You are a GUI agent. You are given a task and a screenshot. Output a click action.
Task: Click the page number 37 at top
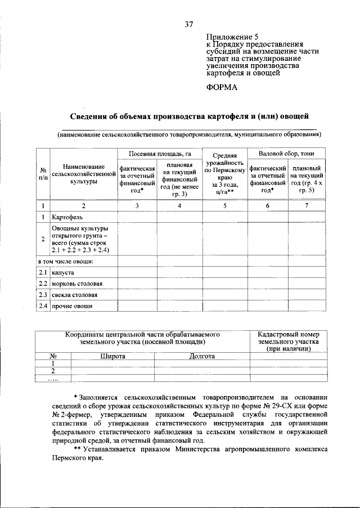(189, 24)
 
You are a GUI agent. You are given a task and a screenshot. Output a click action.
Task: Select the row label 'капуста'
(63, 272)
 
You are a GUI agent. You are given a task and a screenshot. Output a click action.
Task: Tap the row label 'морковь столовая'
(77, 284)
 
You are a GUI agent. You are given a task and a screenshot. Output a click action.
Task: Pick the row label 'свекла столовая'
(75, 295)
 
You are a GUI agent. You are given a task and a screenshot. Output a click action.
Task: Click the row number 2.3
(42, 295)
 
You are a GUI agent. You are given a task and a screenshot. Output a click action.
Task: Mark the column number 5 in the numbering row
(224, 205)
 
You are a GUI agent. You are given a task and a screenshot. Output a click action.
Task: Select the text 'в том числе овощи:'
(65, 261)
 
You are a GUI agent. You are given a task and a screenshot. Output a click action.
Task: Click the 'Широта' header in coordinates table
(112, 356)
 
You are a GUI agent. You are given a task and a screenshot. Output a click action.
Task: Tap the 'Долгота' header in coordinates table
(201, 356)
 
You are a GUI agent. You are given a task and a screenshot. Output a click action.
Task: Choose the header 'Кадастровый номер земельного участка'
(289, 341)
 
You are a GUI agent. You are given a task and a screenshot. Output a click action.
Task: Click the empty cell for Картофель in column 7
(307, 217)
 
